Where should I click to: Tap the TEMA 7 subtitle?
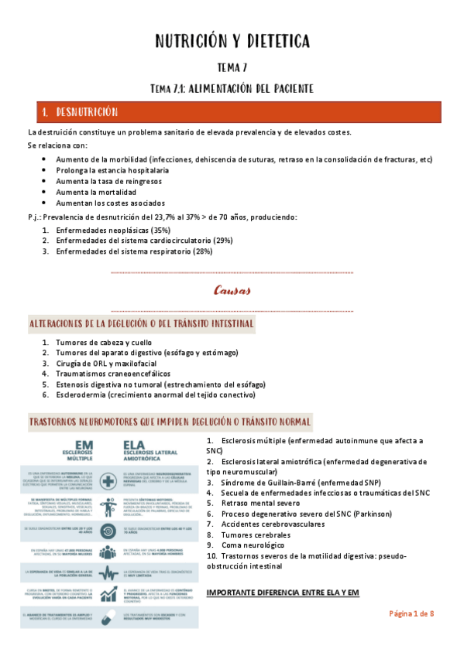pos(232,68)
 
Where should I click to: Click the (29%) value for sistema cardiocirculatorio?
pos(221,241)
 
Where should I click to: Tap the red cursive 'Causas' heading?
pos(232,292)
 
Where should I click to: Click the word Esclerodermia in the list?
pos(80,394)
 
